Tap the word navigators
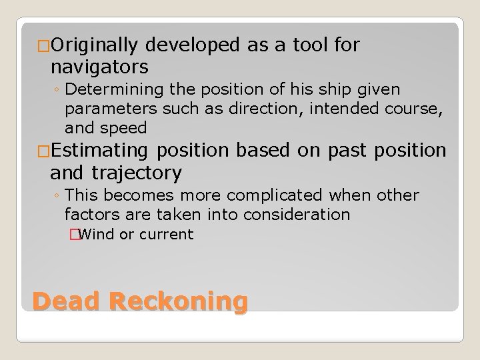click(x=99, y=67)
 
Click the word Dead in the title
click(x=65, y=301)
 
